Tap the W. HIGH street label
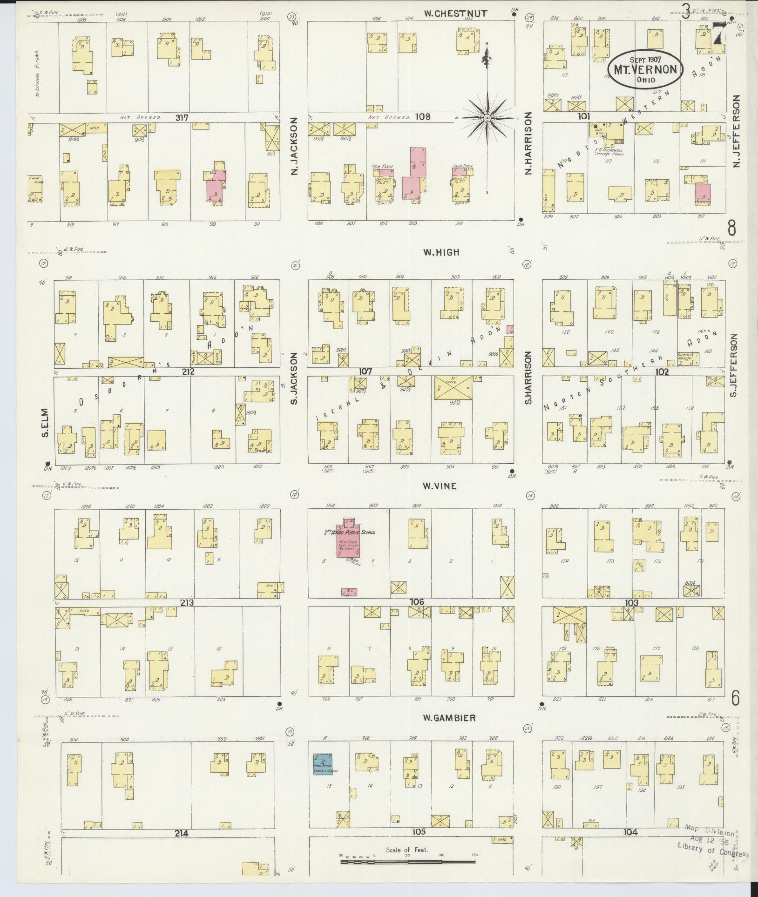click(441, 252)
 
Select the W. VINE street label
click(440, 486)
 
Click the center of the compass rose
click(487, 118)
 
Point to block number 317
click(182, 118)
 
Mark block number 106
click(416, 602)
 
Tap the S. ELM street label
click(45, 427)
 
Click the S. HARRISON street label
click(528, 378)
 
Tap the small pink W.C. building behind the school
click(349, 591)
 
